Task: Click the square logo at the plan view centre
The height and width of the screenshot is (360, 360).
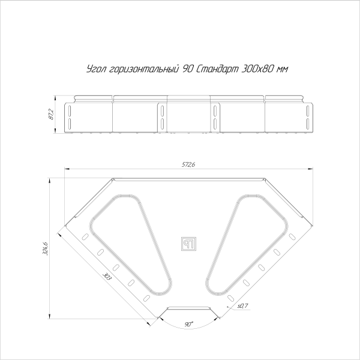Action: pyautogui.click(x=188, y=242)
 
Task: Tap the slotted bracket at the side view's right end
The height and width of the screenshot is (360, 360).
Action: pyautogui.click(x=307, y=117)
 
